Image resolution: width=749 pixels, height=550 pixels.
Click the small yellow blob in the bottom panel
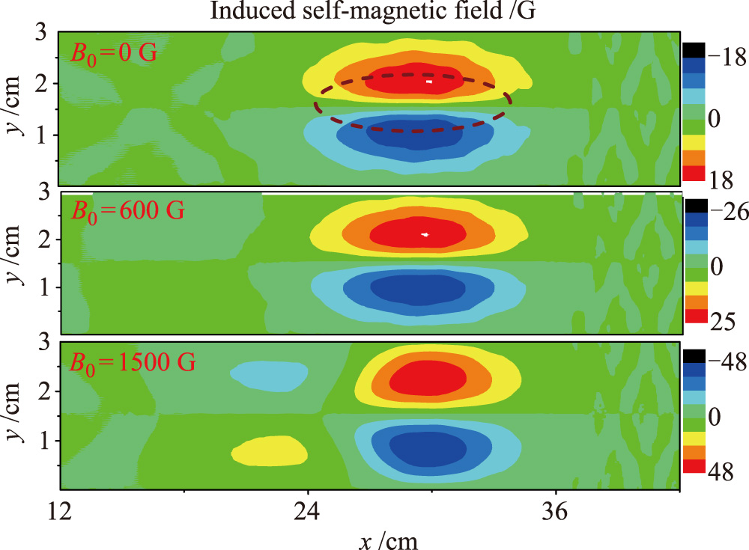[x=270, y=450]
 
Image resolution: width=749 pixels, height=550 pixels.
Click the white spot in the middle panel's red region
[x=425, y=235]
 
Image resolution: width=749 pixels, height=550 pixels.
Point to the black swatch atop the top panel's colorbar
[x=693, y=49]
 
